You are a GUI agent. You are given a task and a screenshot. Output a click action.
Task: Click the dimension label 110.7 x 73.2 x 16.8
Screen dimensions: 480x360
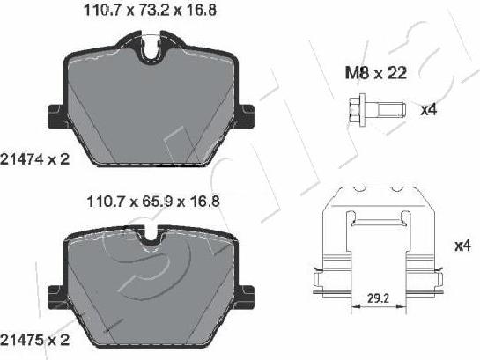point(150,11)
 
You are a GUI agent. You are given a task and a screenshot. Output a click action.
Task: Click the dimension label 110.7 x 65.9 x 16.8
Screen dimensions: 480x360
point(153,202)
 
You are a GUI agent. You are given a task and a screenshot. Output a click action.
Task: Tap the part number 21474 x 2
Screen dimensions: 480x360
point(34,159)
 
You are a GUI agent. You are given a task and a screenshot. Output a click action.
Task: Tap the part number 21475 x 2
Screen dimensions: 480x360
point(34,340)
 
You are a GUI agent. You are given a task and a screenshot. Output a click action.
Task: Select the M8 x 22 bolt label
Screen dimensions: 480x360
point(376,73)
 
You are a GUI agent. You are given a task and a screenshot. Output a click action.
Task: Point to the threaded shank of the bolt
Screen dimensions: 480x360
point(392,109)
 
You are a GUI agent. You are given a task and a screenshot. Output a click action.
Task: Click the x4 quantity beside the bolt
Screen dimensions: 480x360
point(429,110)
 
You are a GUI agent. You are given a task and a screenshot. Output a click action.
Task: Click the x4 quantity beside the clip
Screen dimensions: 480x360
point(462,246)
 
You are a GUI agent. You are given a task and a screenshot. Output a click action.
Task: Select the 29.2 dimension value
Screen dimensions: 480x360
point(378,298)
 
